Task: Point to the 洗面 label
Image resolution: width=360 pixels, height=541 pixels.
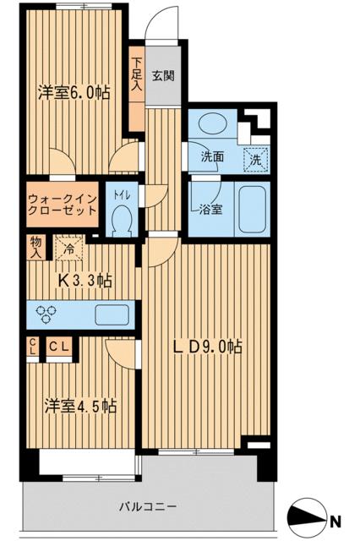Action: [x=212, y=156]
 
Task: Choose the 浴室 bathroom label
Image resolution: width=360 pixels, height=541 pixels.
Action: [x=211, y=209]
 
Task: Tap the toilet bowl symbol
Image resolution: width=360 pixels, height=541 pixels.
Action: [x=121, y=220]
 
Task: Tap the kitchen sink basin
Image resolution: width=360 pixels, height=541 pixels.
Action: [x=112, y=314]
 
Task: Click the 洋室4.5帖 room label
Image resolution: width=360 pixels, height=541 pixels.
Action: [x=80, y=405]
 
